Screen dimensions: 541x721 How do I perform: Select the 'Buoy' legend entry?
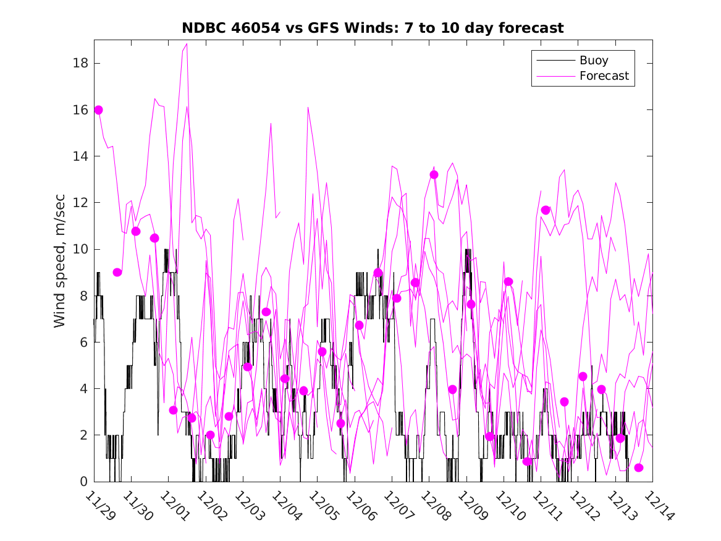[x=593, y=61]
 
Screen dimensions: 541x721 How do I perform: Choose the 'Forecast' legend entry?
[x=604, y=76]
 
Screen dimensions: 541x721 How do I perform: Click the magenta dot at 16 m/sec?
[x=98, y=110]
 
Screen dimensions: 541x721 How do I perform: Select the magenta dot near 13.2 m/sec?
[x=434, y=175]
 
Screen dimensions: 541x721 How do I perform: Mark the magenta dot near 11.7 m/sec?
[x=546, y=210]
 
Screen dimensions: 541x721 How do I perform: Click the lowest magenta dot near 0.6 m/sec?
[x=639, y=467]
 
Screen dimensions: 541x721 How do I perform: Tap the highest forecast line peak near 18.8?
[x=187, y=44]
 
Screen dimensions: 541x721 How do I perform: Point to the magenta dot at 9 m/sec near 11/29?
[x=117, y=272]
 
